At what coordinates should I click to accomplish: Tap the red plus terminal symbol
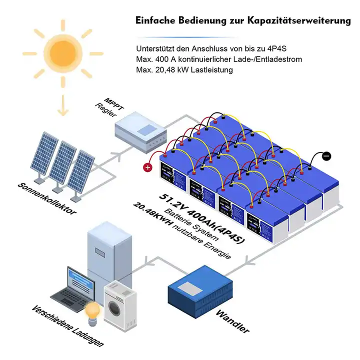tap(148, 167)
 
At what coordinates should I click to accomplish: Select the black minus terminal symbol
tap(326, 156)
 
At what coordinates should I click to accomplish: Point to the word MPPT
tap(111, 100)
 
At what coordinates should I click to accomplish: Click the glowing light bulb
tap(92, 310)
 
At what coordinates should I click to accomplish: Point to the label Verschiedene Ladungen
tap(67, 328)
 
